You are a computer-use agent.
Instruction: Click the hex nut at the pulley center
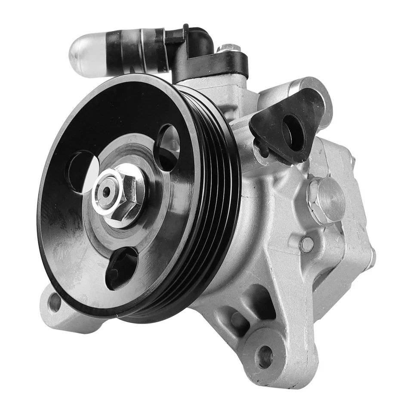pos(118,194)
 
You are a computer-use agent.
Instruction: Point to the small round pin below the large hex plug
pos(307,244)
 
